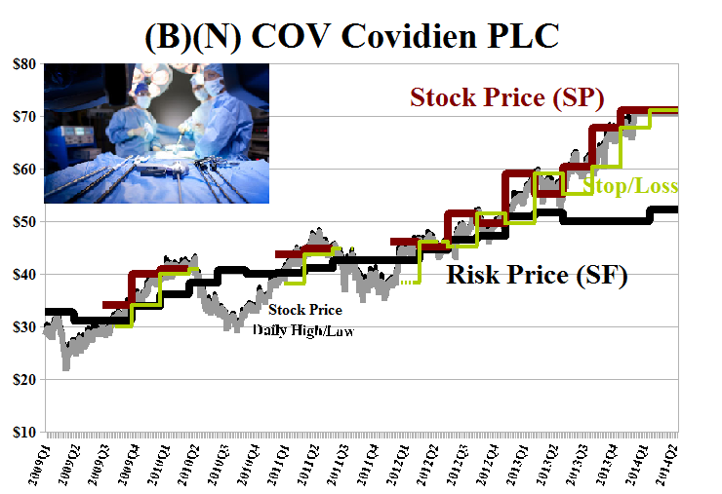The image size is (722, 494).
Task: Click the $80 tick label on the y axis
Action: click(22, 63)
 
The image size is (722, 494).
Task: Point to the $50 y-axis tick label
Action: click(22, 221)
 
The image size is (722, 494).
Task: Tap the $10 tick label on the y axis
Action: click(22, 432)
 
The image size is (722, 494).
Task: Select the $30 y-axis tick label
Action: click(22, 326)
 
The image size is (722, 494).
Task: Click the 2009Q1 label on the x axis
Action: click(40, 458)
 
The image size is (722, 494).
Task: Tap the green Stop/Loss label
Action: click(630, 186)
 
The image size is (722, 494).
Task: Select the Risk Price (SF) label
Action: click(536, 276)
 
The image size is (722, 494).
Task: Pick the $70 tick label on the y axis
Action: click(22, 116)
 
